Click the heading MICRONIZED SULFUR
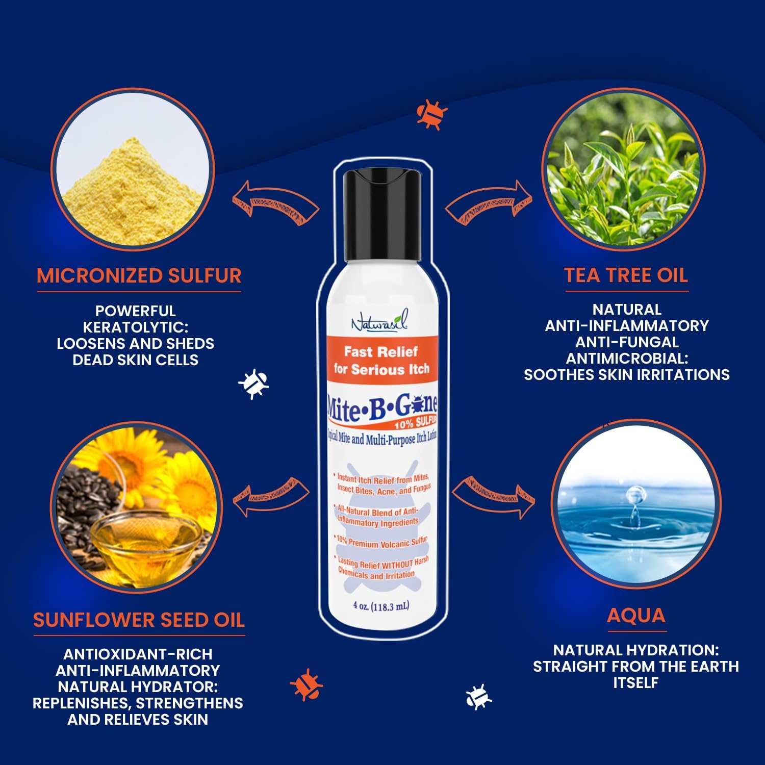139,275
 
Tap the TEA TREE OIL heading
626,275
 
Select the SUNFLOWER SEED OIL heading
139,620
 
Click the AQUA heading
636,616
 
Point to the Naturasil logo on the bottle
380,323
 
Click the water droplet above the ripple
635,495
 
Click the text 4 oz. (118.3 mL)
381,606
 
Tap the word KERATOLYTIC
136,327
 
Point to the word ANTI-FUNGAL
627,342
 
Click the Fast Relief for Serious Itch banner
382,360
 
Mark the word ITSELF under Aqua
635,683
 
